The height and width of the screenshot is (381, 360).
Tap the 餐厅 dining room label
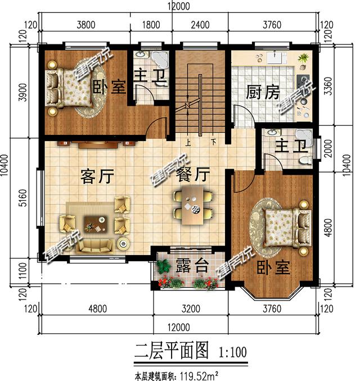click(x=193, y=175)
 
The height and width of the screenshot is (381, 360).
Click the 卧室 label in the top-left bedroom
click(x=109, y=87)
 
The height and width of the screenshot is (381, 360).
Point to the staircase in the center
click(x=200, y=96)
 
